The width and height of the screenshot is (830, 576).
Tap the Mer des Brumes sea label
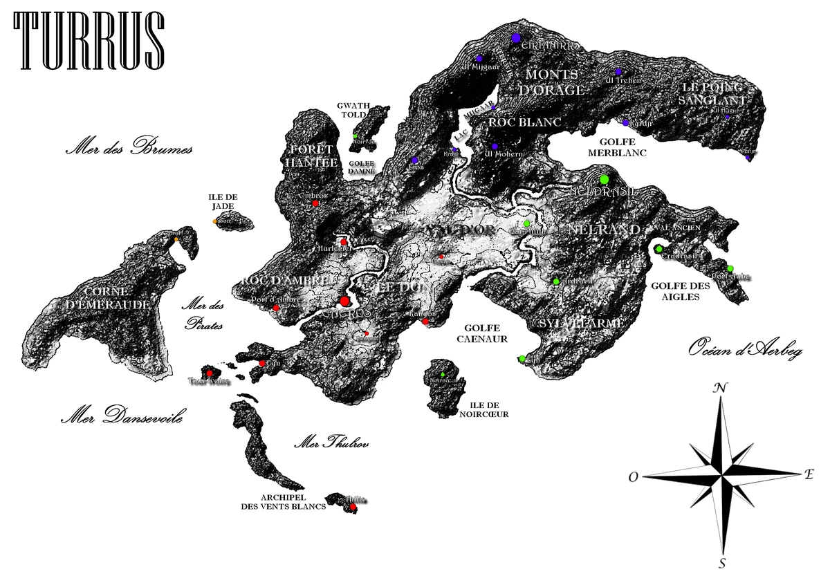tap(128, 149)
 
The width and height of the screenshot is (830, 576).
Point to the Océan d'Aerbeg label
tap(745, 351)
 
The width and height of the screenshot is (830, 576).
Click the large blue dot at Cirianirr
tap(515, 39)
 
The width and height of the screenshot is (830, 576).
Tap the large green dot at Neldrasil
tap(604, 180)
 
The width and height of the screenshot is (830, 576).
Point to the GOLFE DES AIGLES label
tap(675, 291)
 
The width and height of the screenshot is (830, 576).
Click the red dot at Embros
tap(315, 203)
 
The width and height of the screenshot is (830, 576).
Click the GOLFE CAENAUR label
tap(482, 334)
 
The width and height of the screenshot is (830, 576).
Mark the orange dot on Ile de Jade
tap(216, 221)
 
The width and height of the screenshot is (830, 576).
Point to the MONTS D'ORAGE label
tap(555, 82)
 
